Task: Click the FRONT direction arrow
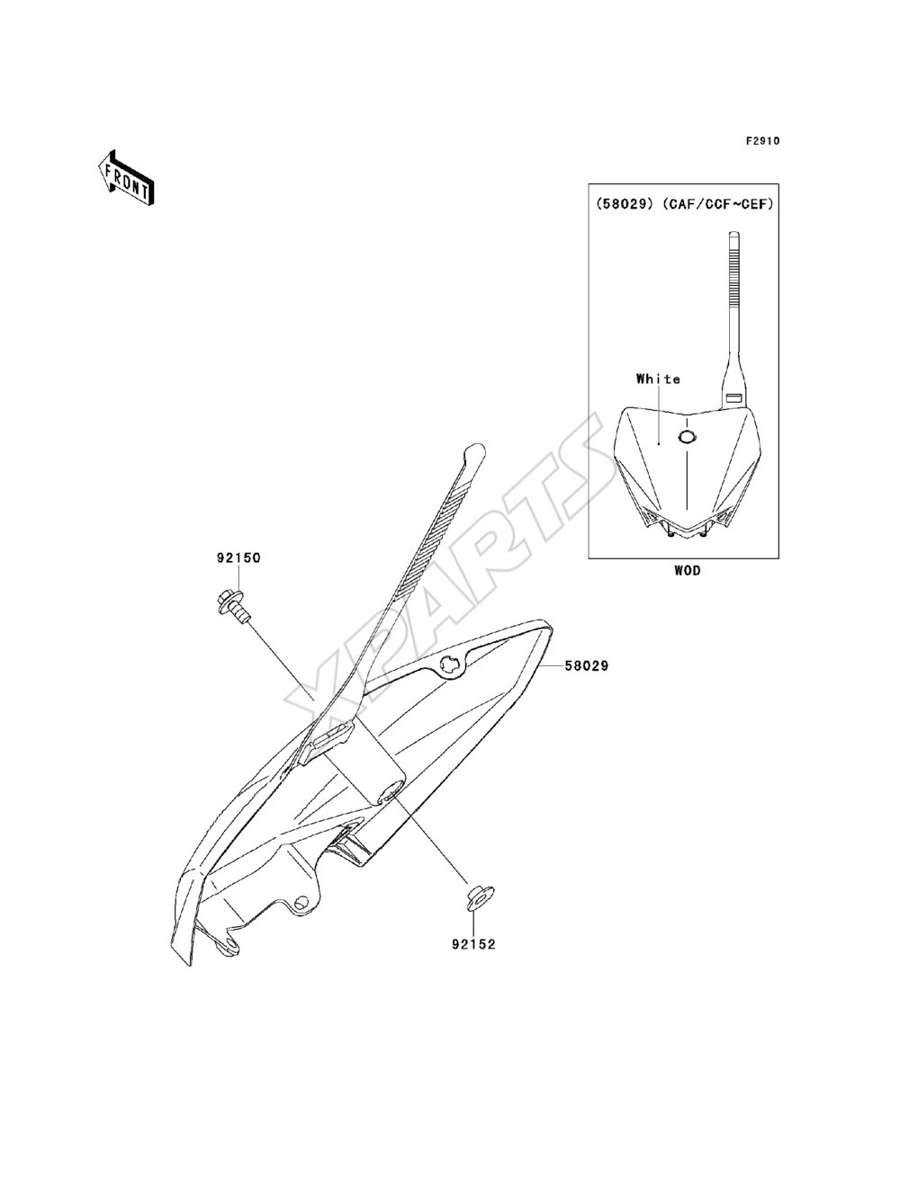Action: coord(126,177)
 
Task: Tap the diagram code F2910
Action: coord(762,141)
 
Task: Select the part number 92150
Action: coord(238,558)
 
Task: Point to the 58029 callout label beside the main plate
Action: coord(586,666)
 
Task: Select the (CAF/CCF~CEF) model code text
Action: coord(717,204)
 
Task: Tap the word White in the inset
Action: coord(658,379)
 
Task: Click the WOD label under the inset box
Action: coord(688,571)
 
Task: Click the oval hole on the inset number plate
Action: coord(687,438)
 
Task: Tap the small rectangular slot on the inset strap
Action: coord(734,397)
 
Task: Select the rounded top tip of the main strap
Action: coord(474,452)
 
